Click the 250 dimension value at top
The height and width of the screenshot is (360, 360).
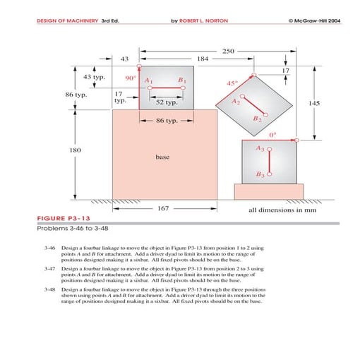(228, 52)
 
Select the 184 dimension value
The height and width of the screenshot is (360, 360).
(203, 59)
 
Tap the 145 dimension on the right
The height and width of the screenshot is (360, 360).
(314, 103)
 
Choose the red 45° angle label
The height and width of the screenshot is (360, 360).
(232, 83)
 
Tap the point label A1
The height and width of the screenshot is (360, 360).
(148, 81)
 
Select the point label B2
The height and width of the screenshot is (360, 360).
(257, 120)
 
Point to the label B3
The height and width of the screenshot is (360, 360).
(260, 173)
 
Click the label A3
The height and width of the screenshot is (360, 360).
(260, 150)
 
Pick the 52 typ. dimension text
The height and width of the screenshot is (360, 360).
(167, 102)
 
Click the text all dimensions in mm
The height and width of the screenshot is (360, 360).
(281, 210)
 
